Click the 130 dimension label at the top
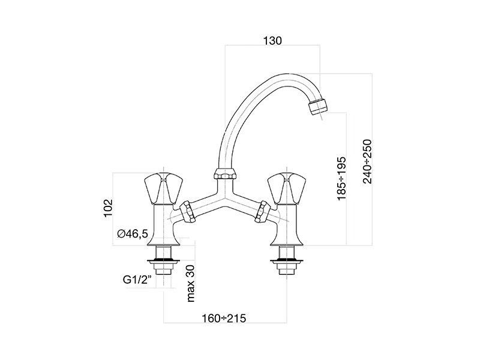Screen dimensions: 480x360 click(272, 41)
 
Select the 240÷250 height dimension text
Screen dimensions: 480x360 click(367, 161)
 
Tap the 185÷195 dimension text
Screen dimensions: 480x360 click(341, 179)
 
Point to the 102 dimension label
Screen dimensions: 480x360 click(108, 208)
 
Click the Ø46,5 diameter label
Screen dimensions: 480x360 click(133, 234)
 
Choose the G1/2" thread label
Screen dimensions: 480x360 click(137, 280)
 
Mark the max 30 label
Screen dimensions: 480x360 click(190, 283)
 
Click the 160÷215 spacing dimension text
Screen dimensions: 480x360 click(224, 319)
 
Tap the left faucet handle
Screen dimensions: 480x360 click(163, 188)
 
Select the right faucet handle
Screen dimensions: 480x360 click(287, 188)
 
